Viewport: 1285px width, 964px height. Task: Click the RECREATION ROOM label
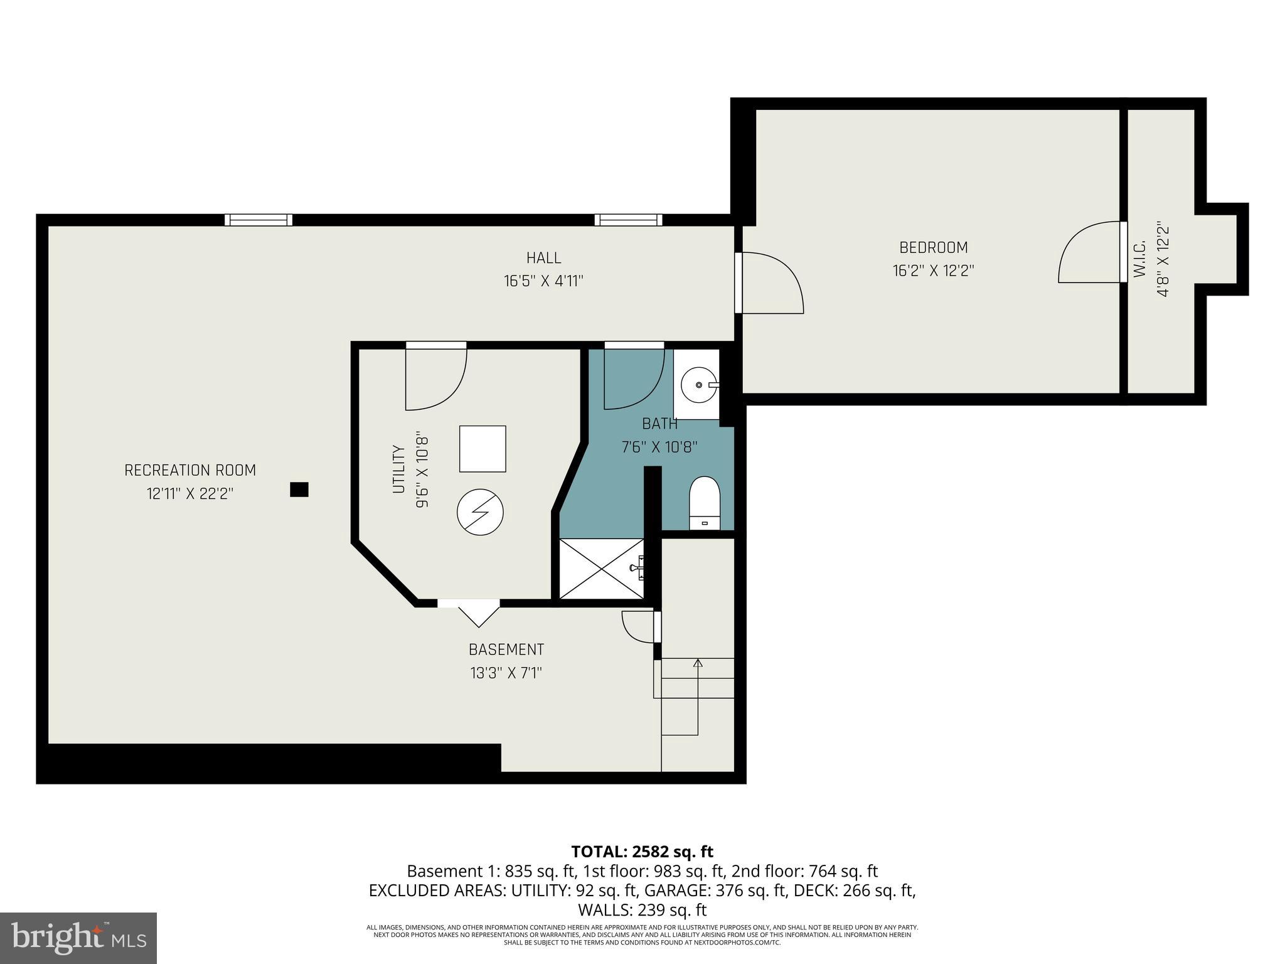190,470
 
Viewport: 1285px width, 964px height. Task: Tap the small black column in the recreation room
299,490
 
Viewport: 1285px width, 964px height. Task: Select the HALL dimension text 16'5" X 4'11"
543,281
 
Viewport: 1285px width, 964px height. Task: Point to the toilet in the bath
705,502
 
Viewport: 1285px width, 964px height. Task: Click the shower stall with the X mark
601,569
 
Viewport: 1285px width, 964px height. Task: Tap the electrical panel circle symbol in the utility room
480,512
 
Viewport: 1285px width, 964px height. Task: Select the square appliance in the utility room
483,449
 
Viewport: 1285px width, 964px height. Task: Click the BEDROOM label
933,247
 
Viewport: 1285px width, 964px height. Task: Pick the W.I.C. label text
1139,259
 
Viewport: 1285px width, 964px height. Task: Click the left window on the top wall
259,220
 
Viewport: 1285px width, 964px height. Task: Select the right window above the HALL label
628,220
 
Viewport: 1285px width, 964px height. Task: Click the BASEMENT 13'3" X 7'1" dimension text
506,673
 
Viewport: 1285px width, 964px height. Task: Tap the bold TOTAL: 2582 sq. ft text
642,852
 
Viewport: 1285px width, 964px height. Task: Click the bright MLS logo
78,938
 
